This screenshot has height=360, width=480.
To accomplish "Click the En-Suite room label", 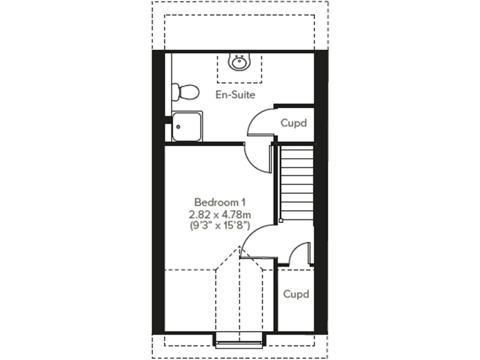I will (x=236, y=95).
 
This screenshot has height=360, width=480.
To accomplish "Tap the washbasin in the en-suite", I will (x=238, y=62).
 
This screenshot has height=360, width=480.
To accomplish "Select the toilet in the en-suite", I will (x=186, y=92).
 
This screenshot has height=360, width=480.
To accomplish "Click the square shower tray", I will (x=187, y=126).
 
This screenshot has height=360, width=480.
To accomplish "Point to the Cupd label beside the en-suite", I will (x=294, y=123).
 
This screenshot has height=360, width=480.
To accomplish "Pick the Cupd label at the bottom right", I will (x=296, y=294).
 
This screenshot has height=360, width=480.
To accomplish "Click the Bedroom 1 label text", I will (x=220, y=202).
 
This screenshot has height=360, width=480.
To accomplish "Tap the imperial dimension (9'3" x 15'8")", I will (x=220, y=226).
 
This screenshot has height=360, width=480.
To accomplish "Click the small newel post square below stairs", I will (x=281, y=220).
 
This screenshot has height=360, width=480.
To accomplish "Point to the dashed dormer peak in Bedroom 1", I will (x=239, y=249).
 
